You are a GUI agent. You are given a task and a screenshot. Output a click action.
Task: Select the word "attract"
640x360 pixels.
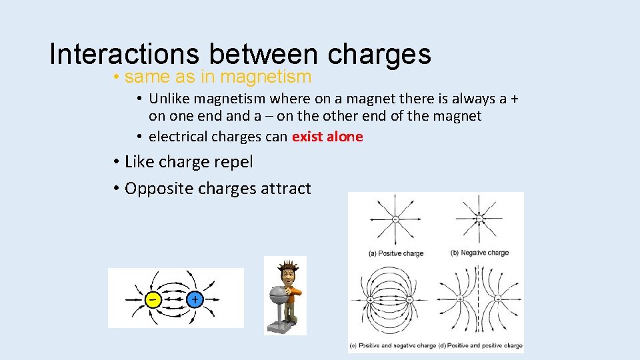coord(285,189)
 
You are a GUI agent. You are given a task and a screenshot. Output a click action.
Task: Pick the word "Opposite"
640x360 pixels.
coord(156,189)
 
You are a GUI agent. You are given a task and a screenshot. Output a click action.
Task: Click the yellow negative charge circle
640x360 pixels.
coord(153,299)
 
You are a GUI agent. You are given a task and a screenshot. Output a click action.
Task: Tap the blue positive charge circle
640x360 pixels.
coord(195,299)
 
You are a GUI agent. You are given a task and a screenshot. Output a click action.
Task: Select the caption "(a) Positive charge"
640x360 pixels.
coord(396,253)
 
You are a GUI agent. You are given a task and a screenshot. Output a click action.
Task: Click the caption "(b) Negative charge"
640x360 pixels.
coord(480,253)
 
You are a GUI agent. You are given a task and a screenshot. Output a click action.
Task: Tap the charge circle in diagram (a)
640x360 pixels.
coord(395,219)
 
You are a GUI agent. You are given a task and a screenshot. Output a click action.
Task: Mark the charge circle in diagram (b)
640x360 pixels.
coord(479,219)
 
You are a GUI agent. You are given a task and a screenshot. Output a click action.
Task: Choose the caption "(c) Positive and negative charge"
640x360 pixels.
coord(393,345)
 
